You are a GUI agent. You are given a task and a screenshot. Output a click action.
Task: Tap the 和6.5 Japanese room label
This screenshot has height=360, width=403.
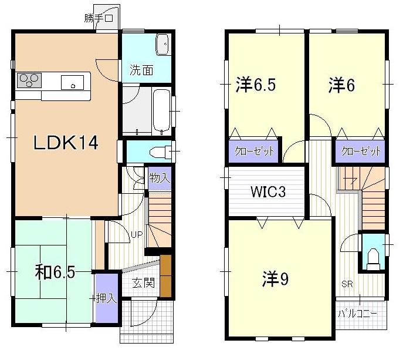[55, 273]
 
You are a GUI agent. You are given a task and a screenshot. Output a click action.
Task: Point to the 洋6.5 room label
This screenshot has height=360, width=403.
[256, 85]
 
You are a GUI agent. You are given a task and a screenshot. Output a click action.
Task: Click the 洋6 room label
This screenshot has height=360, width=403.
[341, 86]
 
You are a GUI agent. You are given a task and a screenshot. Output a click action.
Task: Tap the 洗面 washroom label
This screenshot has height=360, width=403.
[141, 71]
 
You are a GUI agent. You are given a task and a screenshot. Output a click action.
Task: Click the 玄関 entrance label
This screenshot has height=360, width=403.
[143, 284]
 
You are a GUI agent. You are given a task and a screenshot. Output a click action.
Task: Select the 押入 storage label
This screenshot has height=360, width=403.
[107, 298]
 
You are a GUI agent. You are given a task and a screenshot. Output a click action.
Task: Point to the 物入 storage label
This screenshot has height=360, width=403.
[159, 177]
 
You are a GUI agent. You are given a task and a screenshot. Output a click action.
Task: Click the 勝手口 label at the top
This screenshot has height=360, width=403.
[98, 18]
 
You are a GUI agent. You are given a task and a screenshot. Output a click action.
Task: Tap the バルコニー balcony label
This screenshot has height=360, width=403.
[358, 313]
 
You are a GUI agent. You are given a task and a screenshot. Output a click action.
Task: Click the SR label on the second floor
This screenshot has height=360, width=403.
[347, 285]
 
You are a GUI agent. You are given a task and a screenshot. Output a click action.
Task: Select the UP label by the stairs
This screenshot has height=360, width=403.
[136, 235]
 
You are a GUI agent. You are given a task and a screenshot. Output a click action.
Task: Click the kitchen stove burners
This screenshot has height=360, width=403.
[29, 79]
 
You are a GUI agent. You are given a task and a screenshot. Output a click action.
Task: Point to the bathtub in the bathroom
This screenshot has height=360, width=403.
[160, 110]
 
